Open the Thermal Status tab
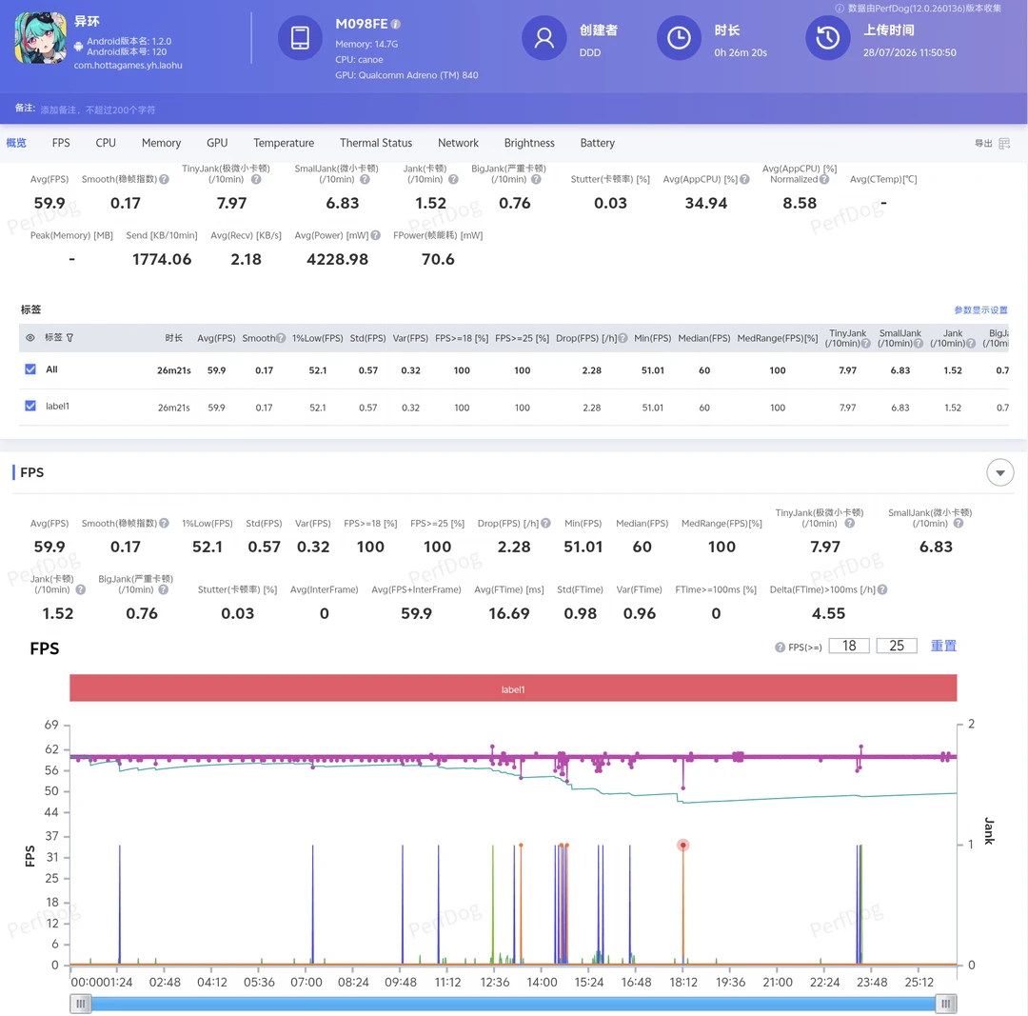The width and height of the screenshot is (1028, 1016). [x=376, y=143]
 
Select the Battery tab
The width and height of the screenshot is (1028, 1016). [x=597, y=143]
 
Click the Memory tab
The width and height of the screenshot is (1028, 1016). [x=161, y=143]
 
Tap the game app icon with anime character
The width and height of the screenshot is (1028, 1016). [x=40, y=38]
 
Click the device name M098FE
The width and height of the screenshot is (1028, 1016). [x=362, y=24]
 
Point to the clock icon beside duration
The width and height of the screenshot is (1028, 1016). [x=679, y=38]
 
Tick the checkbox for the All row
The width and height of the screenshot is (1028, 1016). [x=30, y=369]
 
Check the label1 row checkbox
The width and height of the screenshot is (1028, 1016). [x=30, y=406]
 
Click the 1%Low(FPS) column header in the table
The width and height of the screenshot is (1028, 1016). [x=317, y=338]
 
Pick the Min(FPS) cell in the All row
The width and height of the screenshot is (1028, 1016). [x=652, y=370]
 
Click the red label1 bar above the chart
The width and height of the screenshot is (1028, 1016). [x=513, y=688]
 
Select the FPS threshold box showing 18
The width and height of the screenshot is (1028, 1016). [x=849, y=646]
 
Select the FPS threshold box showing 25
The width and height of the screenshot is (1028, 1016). [x=897, y=646]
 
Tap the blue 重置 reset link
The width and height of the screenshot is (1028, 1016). [x=943, y=646]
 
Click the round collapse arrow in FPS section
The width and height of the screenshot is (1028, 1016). [x=999, y=473]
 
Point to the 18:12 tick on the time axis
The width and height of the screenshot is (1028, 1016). [x=683, y=982]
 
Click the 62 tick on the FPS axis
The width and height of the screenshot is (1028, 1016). [x=51, y=749]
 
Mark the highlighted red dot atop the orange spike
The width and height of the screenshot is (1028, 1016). [x=683, y=845]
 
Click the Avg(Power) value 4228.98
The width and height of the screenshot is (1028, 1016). [x=338, y=260]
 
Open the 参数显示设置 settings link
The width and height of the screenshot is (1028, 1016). [x=980, y=310]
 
